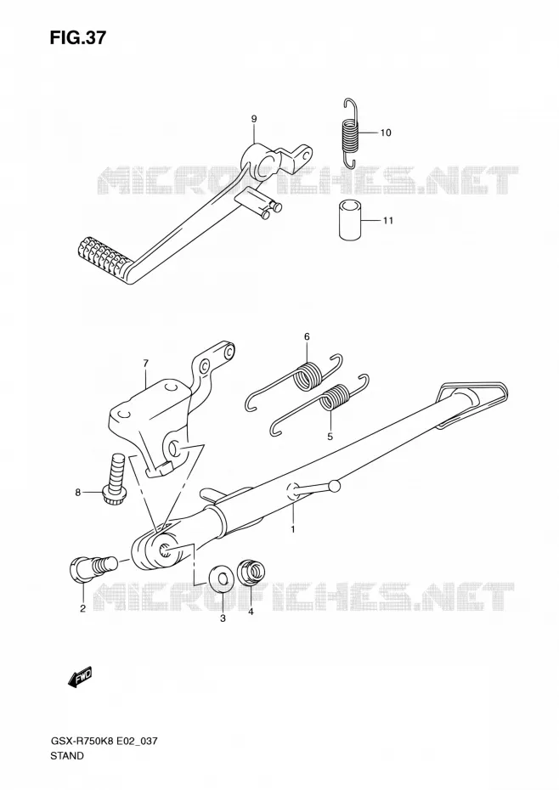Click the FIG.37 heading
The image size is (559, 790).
point(77,37)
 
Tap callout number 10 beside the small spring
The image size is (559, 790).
point(386,133)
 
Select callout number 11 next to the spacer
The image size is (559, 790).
point(387,221)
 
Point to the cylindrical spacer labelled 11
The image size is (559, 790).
point(349,220)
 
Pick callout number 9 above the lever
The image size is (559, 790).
point(254,119)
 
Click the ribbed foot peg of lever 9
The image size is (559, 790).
point(104,256)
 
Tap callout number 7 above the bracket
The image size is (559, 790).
point(145,363)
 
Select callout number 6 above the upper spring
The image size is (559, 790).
point(307,336)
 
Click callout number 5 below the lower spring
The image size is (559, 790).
point(330,437)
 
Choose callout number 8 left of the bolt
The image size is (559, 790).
point(77,492)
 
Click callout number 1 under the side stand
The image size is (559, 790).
point(293,528)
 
